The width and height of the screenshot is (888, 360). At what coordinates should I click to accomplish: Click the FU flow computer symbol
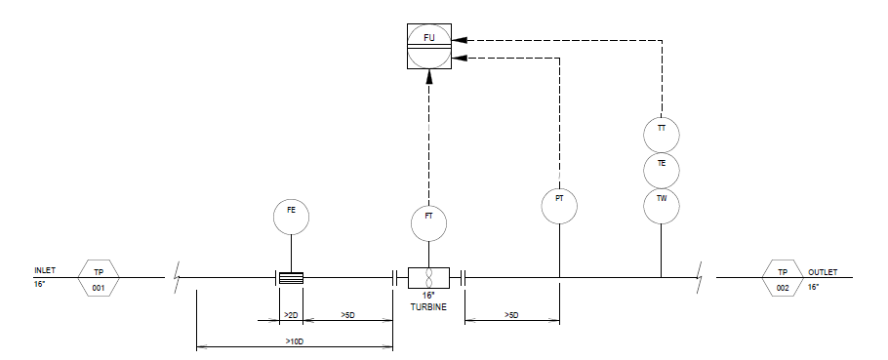(429, 47)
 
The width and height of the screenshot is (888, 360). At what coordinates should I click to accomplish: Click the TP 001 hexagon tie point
(99, 278)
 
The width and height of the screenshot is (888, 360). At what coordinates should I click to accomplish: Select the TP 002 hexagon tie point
(783, 278)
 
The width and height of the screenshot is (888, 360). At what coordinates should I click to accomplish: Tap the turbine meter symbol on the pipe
(428, 278)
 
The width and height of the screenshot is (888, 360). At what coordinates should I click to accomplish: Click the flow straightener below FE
(291, 278)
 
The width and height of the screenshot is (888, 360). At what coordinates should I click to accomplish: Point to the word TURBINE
(428, 307)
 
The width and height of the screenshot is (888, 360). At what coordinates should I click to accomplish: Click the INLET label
(45, 270)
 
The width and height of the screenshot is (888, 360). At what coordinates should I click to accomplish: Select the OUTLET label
(823, 272)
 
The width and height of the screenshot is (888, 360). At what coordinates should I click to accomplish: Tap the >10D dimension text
(294, 341)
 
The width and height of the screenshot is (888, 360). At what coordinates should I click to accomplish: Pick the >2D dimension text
(291, 315)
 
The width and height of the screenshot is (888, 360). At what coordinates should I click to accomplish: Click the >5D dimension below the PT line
(511, 315)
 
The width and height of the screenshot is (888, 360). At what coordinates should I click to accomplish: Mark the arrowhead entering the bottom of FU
(428, 77)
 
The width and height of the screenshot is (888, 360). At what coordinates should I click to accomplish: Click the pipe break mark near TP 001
(177, 277)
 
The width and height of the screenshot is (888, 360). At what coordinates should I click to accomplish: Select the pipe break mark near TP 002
(700, 277)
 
